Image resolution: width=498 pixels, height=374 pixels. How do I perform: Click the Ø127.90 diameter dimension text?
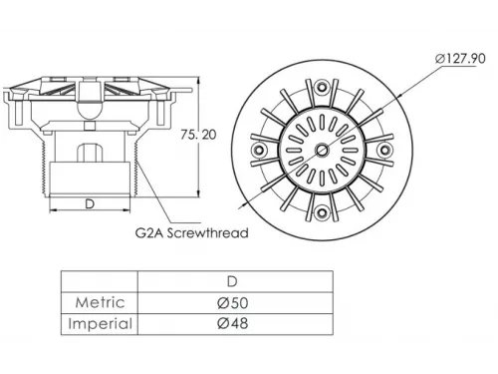460,59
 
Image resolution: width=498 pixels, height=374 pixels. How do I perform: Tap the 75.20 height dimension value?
198,135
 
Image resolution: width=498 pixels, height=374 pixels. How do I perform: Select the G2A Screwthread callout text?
192,232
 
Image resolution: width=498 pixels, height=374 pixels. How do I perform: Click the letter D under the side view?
90,203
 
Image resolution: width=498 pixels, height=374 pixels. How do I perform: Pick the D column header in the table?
232,282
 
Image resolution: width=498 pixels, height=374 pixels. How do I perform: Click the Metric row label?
101,302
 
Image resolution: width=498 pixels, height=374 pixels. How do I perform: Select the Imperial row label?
101,323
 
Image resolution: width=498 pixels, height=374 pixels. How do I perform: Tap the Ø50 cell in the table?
233,303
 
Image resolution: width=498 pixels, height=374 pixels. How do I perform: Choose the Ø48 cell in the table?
233,323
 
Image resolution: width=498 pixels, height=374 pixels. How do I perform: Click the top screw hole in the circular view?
322,88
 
